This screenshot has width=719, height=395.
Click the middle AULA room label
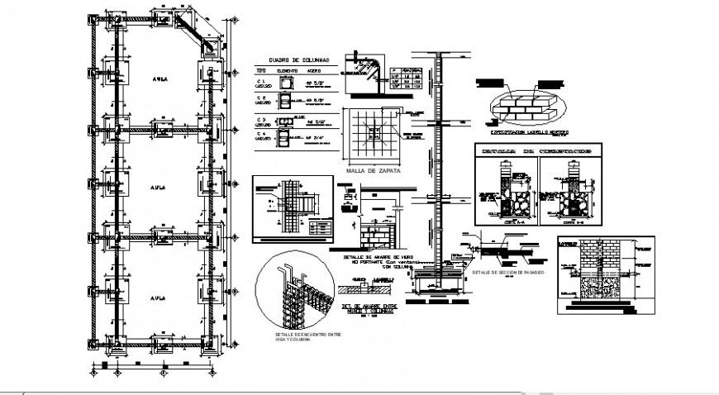[157, 188]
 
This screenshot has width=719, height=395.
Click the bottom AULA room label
[157, 293]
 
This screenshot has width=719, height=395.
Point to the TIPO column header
[260, 73]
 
